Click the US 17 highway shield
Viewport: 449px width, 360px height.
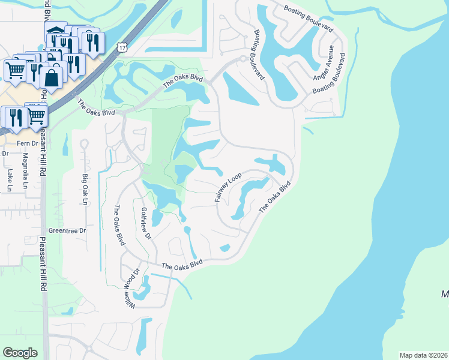click(x=122, y=47)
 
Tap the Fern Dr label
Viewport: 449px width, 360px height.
click(x=27, y=143)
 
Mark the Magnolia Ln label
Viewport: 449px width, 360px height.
click(x=25, y=170)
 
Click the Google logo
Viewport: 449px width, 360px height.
click(x=20, y=352)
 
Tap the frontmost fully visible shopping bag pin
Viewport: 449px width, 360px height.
click(x=52, y=77)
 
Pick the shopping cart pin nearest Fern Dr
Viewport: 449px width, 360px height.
click(x=36, y=115)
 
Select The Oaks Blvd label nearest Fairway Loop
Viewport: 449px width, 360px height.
click(x=275, y=196)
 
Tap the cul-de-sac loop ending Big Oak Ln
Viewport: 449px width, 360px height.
click(x=84, y=144)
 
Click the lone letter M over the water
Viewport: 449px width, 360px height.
click(x=445, y=295)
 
